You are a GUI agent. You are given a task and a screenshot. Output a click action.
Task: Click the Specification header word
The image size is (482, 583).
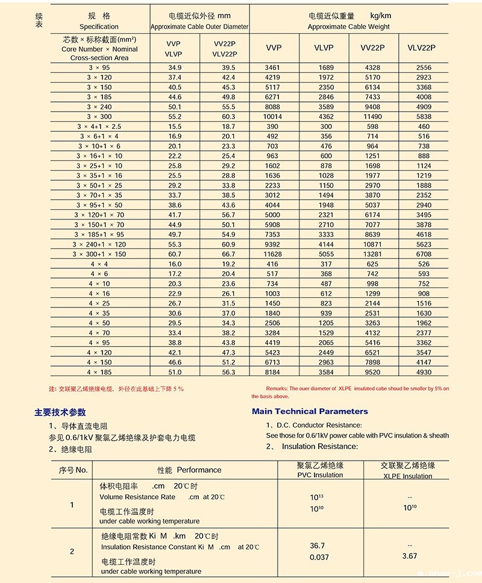tap(99, 27)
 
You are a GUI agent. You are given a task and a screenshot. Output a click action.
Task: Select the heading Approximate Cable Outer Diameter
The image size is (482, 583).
tap(199, 27)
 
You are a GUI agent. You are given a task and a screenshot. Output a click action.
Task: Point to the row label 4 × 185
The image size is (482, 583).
tap(99, 372)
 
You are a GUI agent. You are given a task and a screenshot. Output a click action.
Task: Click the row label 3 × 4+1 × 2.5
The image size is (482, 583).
tap(99, 126)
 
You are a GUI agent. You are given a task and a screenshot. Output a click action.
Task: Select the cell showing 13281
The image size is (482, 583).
tap(372, 254)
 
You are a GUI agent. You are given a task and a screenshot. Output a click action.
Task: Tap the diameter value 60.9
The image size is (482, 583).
tap(228, 244)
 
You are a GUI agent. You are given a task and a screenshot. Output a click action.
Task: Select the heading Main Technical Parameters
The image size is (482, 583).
tap(309, 411)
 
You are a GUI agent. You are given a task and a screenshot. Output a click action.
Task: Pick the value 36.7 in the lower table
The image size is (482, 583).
tap(317, 545)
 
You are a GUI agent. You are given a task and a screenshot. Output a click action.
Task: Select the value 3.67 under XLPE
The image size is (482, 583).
tap(409, 556)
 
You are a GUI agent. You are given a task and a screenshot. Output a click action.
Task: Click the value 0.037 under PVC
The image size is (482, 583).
tap(319, 556)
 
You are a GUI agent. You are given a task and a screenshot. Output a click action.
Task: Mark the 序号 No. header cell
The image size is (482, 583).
tap(73, 469)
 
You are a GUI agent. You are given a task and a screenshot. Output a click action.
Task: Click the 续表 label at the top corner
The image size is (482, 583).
tap(39, 22)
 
